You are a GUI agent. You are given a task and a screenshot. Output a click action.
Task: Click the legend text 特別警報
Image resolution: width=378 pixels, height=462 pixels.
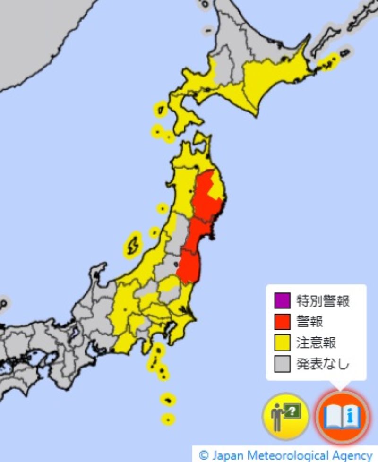click(x=323, y=300)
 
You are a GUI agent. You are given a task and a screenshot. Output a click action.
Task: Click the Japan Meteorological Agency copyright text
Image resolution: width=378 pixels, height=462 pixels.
click(x=286, y=455)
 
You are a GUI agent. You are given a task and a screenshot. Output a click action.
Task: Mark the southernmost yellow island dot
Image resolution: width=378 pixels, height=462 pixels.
click(x=168, y=419)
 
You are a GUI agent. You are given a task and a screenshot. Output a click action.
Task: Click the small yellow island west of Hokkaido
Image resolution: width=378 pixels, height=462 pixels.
click(x=161, y=110)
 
